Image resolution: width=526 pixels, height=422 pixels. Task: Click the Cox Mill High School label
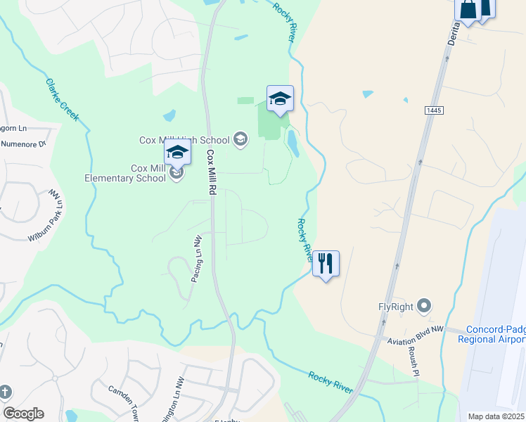tap(186, 140)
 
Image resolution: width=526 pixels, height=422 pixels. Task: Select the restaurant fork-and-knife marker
tap(326, 264)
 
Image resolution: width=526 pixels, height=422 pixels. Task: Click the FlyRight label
tap(395, 307)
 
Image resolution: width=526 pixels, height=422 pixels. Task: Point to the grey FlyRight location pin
tap(424, 306)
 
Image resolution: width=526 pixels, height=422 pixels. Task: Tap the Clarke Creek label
tap(62, 99)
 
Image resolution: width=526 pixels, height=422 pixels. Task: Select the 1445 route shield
tap(434, 110)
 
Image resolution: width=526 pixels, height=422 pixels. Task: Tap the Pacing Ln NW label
tap(196, 259)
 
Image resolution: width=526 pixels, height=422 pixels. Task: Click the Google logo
tap(23, 414)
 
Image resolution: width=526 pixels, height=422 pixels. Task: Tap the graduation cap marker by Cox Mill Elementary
tap(177, 153)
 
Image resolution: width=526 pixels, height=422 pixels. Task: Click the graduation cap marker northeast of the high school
tap(280, 98)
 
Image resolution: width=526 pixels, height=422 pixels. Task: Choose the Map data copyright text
tap(496, 416)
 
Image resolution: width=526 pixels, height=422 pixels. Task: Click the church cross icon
tap(6, 391)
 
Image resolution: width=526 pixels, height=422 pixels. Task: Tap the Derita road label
tap(452, 32)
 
